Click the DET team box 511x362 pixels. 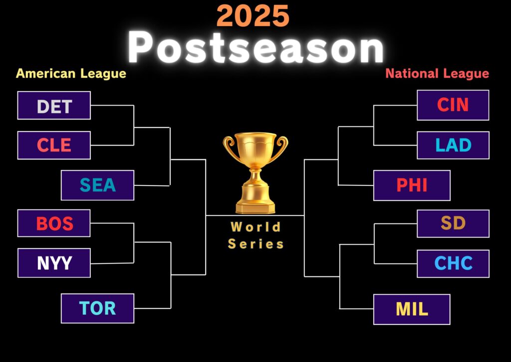[x=54, y=105]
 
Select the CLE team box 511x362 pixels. [x=54, y=145]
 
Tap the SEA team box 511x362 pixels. [x=97, y=185]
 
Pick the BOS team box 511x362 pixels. [x=54, y=223]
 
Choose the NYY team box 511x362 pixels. [x=54, y=263]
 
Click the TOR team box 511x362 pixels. [x=97, y=308]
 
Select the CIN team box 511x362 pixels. [x=453, y=105]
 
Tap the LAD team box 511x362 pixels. [x=453, y=145]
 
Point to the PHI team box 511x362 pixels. [x=412, y=185]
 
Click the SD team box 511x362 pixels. [x=453, y=223]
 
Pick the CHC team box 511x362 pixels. [x=453, y=263]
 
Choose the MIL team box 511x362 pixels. [x=412, y=309]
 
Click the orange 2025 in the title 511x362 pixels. [x=253, y=16]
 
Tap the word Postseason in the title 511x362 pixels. [x=256, y=48]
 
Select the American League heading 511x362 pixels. [x=71, y=74]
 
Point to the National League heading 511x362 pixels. [x=437, y=74]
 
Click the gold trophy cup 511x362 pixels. [x=255, y=172]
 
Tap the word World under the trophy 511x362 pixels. [x=255, y=226]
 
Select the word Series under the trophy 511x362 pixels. [x=255, y=244]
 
